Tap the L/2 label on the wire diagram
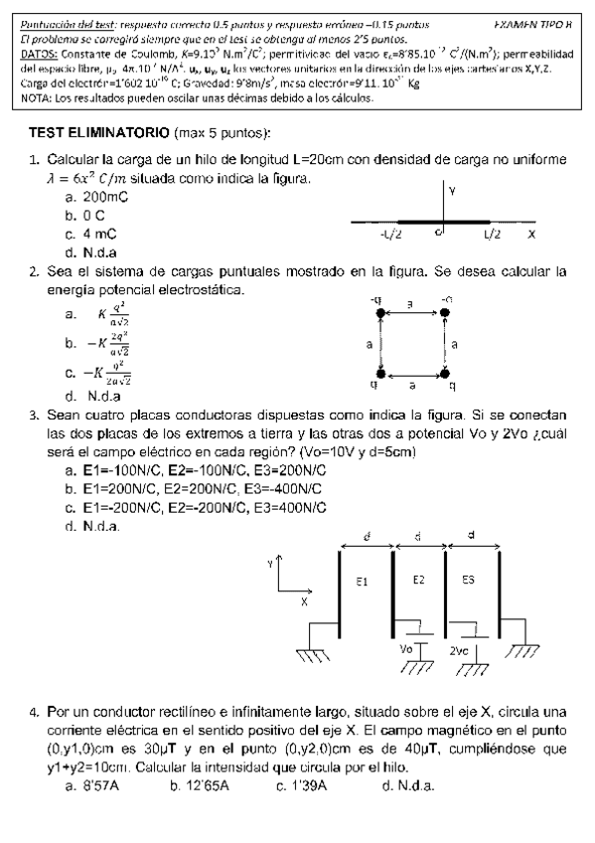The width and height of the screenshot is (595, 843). [x=493, y=236]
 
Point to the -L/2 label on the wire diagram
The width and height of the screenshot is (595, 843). [x=390, y=236]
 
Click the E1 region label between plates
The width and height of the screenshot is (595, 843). [x=363, y=582]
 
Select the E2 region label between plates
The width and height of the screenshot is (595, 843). [x=418, y=580]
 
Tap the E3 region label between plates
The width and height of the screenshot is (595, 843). [x=468, y=580]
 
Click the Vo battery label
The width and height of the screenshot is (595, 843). [x=405, y=648]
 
